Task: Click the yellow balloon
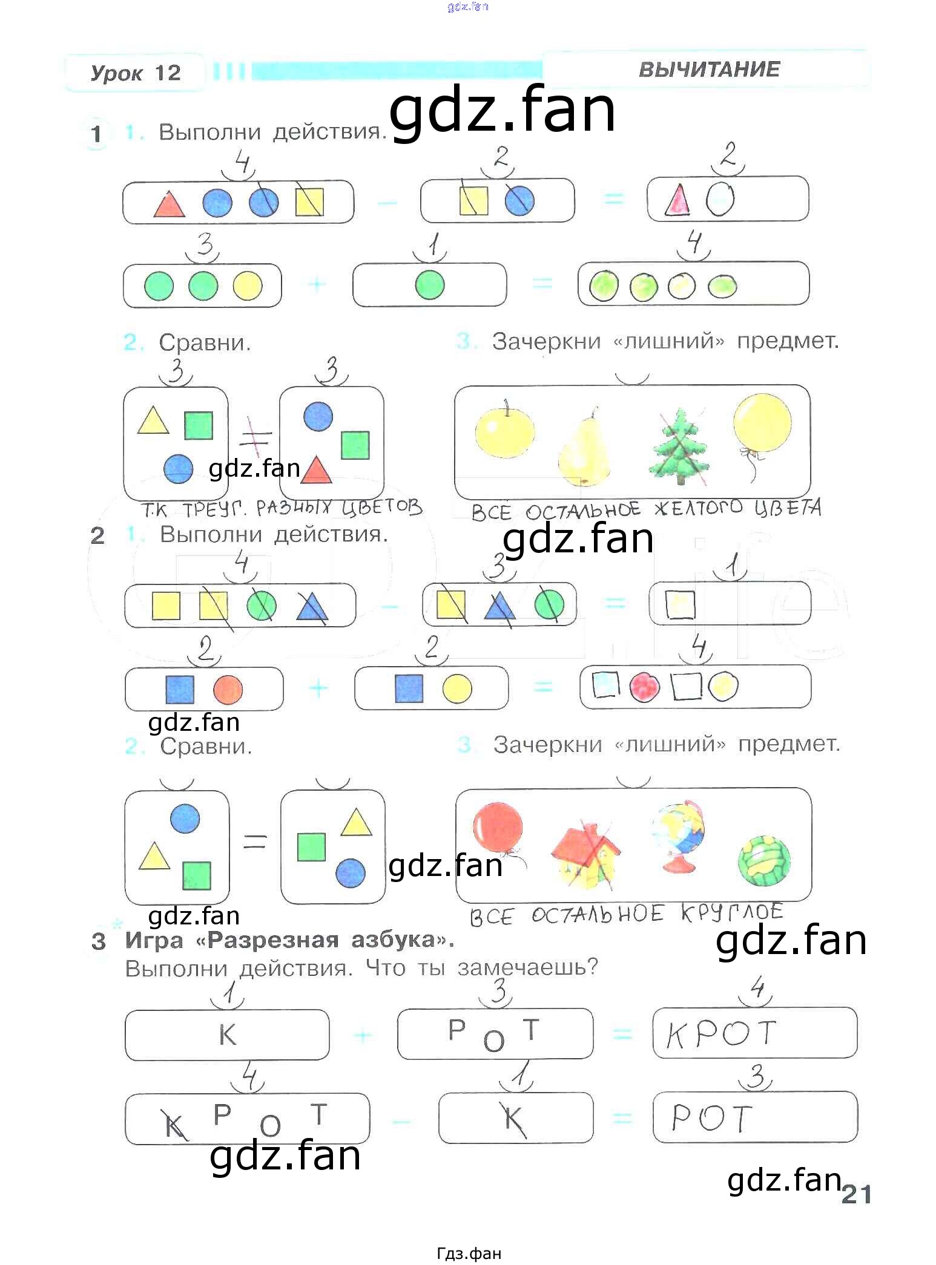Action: coord(762,423)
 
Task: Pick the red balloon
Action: coord(498,828)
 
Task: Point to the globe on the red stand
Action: coord(679,835)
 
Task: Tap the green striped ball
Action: coord(764,860)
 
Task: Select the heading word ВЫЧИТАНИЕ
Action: coord(709,69)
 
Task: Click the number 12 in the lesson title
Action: coord(167,73)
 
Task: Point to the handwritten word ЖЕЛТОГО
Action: coord(699,508)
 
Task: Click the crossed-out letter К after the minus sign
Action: coord(514,1119)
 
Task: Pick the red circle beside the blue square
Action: coord(228,690)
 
